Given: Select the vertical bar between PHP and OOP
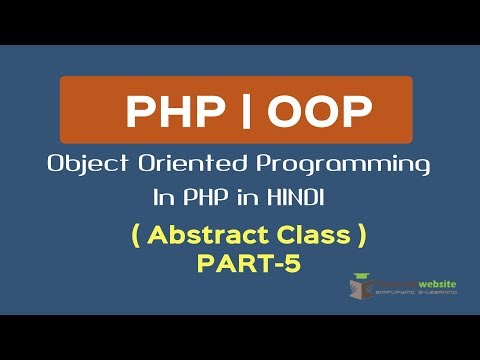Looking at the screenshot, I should (x=240, y=113).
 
